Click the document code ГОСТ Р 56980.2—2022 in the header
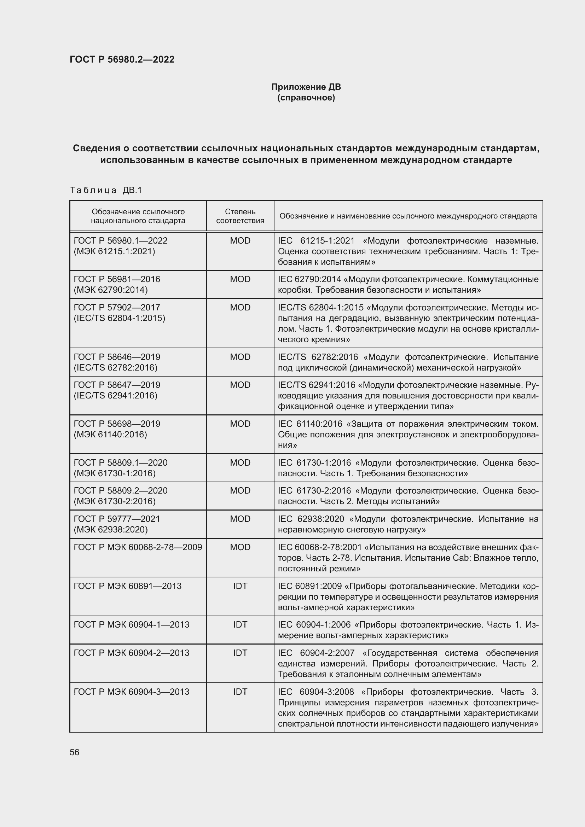pos(122,59)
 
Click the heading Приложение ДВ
pos(306,87)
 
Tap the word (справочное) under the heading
pos(306,98)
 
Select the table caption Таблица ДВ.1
pos(106,190)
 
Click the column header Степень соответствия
pos(240,216)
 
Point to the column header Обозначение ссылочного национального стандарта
pos(138,216)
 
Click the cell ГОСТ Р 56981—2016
pos(117,279)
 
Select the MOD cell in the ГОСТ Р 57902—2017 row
pos(240,307)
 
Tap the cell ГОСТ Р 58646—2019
pos(117,357)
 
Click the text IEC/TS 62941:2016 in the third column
pos(316,385)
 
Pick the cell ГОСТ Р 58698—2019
pos(117,424)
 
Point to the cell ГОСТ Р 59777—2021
pos(117,519)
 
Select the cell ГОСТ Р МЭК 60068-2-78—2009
pos(138,547)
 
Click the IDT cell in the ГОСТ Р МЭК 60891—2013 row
pos(240,586)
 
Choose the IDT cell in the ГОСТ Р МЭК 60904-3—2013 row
pos(240,692)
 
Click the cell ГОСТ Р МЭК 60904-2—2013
pos(131,653)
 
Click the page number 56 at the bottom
pos(74,752)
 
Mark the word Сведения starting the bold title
pos(96,148)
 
